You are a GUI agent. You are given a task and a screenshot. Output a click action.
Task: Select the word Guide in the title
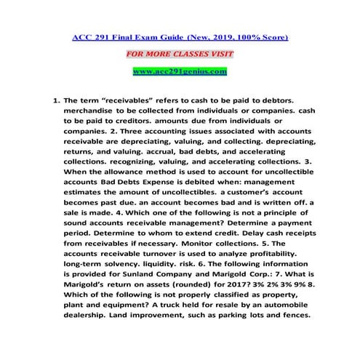coord(153,36)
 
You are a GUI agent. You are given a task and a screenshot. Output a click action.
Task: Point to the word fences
coord(294,316)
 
